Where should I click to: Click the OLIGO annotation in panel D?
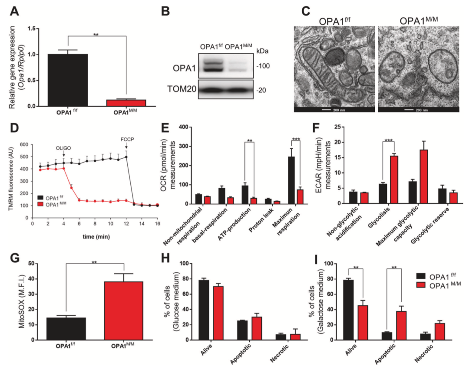tap(64, 147)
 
